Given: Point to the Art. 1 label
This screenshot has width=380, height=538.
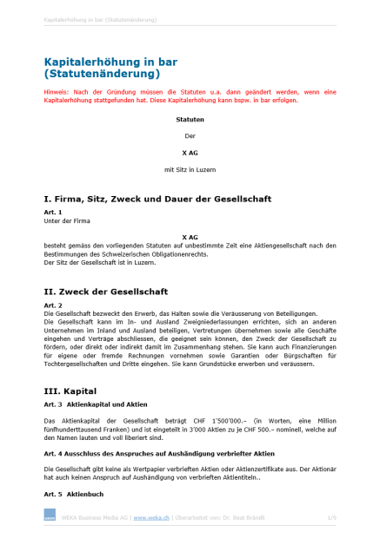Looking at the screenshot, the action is [52, 213].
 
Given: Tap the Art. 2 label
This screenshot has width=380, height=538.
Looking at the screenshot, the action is [52, 305].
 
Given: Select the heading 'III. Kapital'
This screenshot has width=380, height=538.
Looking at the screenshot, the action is [77, 390].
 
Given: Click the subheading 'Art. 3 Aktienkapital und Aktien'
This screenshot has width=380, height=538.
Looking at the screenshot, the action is [96, 404].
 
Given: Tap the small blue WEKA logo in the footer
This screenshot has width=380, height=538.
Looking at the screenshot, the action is [50, 517].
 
